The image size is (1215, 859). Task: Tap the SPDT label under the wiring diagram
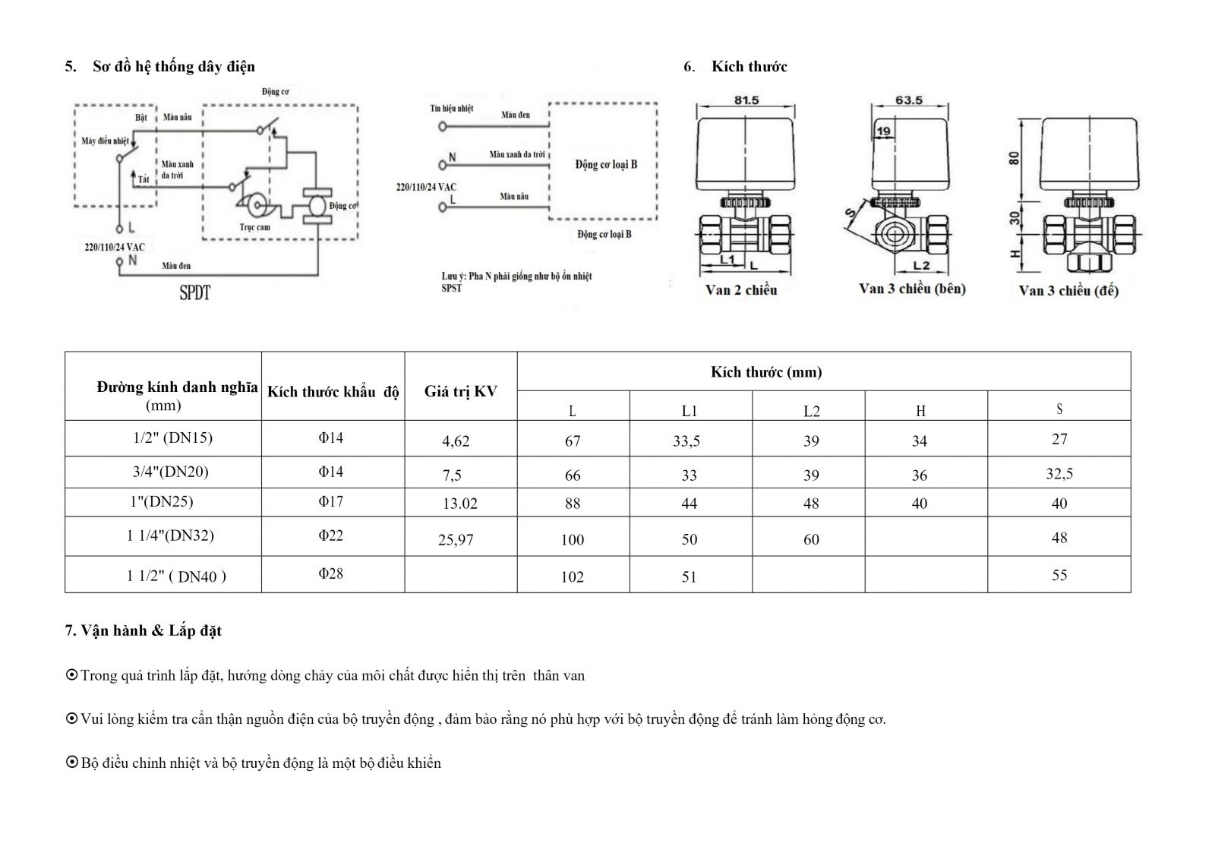tap(194, 292)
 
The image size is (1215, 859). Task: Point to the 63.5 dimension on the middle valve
tap(909, 100)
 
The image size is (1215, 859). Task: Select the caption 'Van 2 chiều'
tap(741, 290)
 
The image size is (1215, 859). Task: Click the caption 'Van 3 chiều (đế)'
tap(1068, 291)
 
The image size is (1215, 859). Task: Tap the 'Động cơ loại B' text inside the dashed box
tap(606, 164)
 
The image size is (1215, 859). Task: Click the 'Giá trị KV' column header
tap(461, 392)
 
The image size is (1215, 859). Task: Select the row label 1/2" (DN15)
tap(172, 438)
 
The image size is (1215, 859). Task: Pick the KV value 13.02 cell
tap(460, 504)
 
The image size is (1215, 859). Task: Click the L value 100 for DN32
tap(573, 540)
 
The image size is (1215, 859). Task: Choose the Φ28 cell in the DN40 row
tap(331, 573)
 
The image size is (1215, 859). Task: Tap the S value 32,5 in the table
tap(1059, 474)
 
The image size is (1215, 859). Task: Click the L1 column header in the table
tap(690, 412)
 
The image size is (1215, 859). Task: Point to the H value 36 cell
tap(920, 475)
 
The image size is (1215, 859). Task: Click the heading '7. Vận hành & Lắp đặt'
tap(144, 630)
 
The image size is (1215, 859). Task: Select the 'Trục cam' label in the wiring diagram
tap(254, 227)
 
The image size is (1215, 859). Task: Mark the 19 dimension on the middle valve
tap(883, 132)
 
